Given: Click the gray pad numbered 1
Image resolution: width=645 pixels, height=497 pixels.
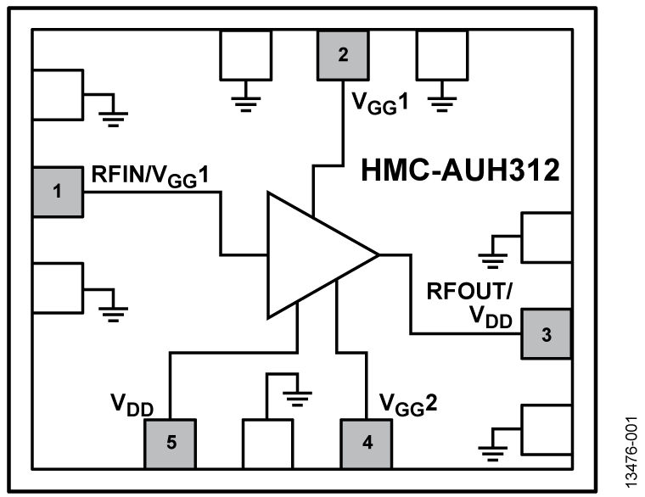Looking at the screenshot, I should (x=58, y=192).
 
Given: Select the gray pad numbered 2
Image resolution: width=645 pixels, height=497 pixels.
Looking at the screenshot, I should (x=342, y=56).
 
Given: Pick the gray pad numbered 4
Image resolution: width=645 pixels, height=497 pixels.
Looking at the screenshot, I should (x=367, y=443).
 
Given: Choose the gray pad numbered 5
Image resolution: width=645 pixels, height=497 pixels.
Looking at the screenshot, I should (x=171, y=443).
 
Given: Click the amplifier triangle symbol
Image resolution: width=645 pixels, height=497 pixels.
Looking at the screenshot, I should (x=314, y=255).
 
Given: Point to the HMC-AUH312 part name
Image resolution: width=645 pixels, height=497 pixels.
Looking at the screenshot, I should (x=461, y=172).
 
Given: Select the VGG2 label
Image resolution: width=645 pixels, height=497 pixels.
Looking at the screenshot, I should (x=407, y=400).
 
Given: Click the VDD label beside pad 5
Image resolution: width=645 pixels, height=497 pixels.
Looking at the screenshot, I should (x=132, y=402).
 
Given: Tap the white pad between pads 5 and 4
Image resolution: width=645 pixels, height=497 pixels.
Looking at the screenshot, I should (x=268, y=443).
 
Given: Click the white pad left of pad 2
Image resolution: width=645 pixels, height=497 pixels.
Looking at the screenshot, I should (x=245, y=56).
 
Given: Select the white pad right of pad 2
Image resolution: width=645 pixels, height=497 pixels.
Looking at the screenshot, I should (x=440, y=56).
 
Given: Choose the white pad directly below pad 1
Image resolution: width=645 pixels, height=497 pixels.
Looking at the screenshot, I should (x=58, y=288).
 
